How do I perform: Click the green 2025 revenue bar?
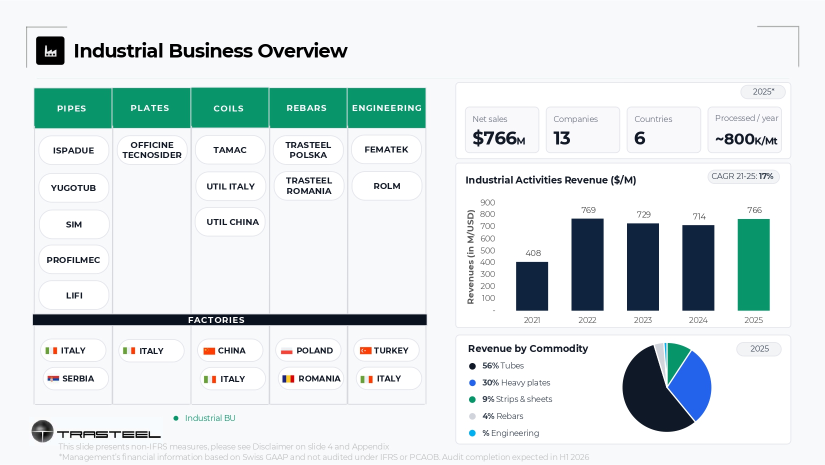coord(753,264)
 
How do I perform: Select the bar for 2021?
coord(532,286)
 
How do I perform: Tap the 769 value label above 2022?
coord(588,210)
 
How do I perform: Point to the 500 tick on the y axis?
coord(487,250)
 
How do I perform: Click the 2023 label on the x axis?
coord(642,320)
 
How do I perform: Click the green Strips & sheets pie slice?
coord(677,359)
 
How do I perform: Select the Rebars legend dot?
coord(472,416)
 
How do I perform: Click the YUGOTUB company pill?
coord(73,188)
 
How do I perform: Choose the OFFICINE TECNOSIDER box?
coord(152,150)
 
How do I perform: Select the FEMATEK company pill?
coord(386,149)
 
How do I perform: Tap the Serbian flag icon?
coord(53,379)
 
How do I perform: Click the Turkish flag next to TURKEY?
coord(365,350)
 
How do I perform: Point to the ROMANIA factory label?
coord(319,378)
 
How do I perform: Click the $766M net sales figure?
coord(498,138)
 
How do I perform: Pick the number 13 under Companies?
coord(561,138)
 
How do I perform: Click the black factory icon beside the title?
coord(50,51)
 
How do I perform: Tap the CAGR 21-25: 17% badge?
coord(743,176)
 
